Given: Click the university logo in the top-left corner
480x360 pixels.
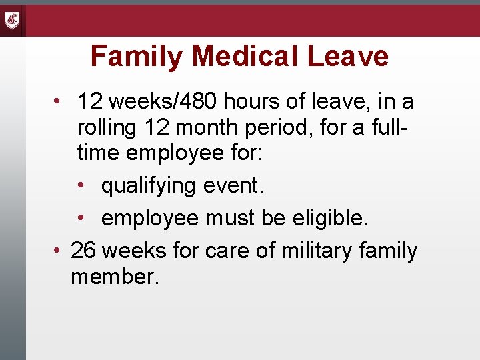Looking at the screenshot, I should (x=13, y=20).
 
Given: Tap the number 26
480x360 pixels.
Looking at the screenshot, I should (x=83, y=251).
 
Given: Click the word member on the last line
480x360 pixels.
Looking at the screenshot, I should (x=115, y=277).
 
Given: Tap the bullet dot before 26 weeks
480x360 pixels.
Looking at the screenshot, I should (x=58, y=251).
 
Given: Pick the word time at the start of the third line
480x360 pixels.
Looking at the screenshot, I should (x=99, y=154).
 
